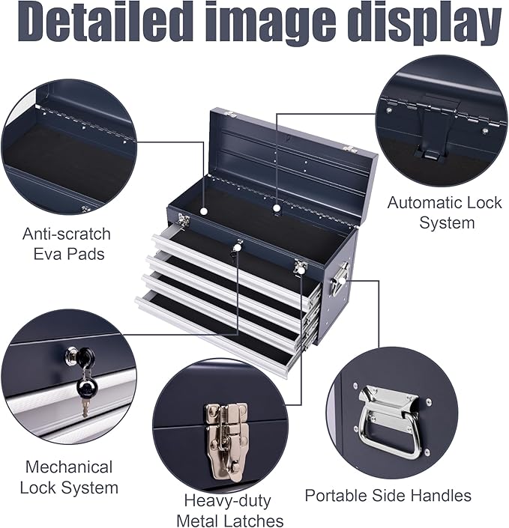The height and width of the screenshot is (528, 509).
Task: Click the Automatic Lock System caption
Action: pyautogui.click(x=434, y=212)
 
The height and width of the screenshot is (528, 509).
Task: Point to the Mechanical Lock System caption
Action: pyautogui.click(x=69, y=477)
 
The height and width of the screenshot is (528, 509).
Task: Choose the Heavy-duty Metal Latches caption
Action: pyautogui.click(x=229, y=510)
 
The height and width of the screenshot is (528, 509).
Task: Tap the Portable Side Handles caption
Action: pyautogui.click(x=388, y=495)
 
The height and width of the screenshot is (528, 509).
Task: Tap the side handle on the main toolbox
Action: pyautogui.click(x=340, y=279)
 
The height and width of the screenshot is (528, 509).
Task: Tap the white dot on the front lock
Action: pyautogui.click(x=237, y=247)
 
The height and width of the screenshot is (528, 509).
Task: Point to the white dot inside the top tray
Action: pyautogui.click(x=277, y=207)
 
